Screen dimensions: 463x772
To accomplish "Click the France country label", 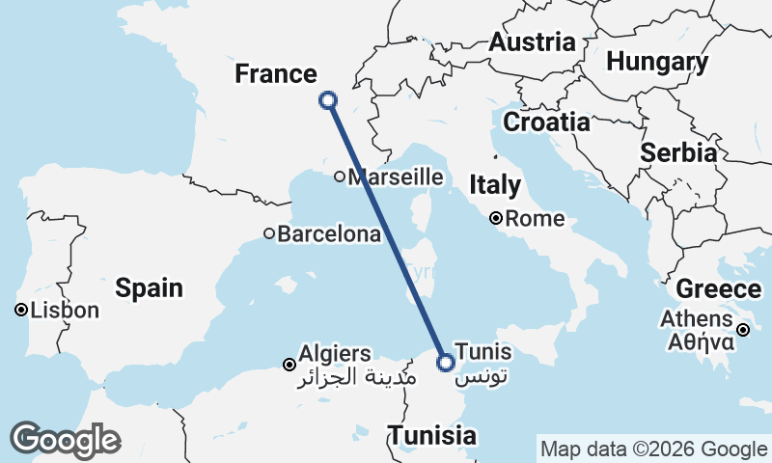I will tap(277, 74).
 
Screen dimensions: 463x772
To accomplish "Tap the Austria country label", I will tap(532, 42).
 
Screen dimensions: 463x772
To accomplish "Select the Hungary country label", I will tap(657, 63).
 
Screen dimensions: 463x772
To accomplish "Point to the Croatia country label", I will tap(546, 123).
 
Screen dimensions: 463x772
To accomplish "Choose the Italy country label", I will tap(495, 185).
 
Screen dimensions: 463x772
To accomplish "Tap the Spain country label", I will tap(149, 286).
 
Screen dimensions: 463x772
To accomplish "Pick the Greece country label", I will tap(718, 289).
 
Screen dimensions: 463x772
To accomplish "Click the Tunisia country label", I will tap(433, 436).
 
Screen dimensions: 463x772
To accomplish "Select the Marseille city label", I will tap(396, 177).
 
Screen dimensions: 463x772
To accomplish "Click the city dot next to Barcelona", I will tap(269, 233).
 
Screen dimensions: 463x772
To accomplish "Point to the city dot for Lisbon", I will tap(20, 311).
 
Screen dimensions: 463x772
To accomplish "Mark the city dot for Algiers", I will tap(289, 365).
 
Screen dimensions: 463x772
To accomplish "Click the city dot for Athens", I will tap(743, 330).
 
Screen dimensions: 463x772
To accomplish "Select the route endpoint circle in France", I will tap(327, 99).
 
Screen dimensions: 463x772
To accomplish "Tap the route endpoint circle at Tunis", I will tap(445, 363).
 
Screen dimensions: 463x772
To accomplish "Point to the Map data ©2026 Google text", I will tap(653, 449).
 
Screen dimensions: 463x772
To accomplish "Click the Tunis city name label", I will tap(482, 352).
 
